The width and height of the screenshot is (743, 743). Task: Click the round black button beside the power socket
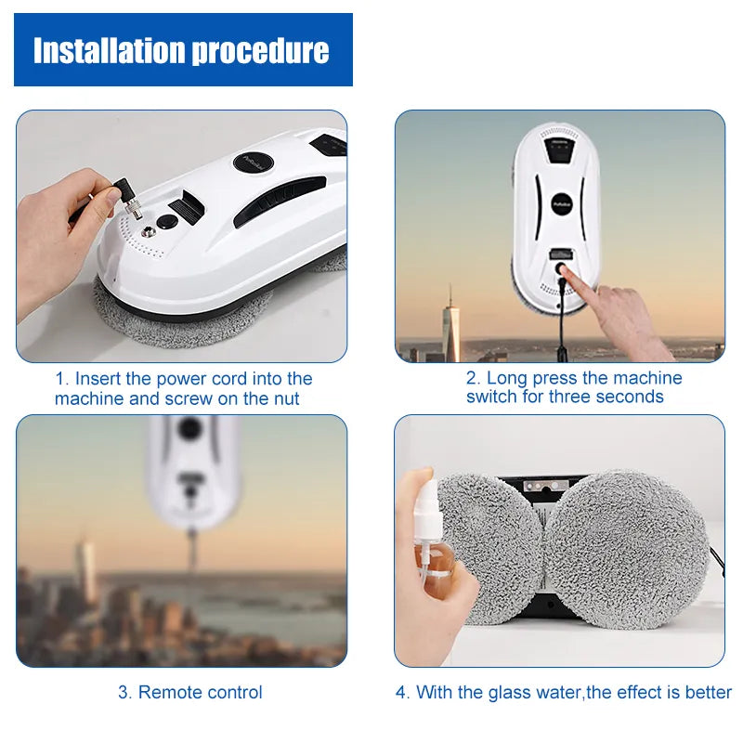(x=167, y=222)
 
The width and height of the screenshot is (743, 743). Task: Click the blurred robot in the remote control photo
(x=193, y=464)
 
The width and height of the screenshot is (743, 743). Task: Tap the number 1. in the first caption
(x=62, y=379)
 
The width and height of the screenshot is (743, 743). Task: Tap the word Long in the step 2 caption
(x=506, y=378)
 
